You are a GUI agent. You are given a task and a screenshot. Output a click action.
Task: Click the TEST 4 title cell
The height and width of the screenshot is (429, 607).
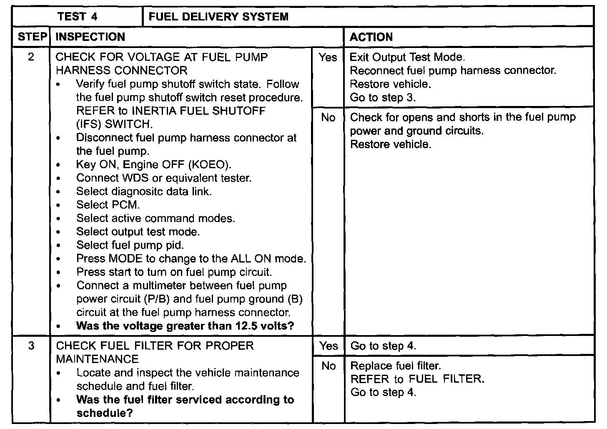[x=78, y=17]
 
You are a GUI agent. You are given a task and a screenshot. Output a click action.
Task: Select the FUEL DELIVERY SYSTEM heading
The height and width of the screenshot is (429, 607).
[x=218, y=17]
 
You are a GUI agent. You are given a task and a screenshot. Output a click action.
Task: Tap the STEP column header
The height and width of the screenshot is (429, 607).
[x=32, y=37]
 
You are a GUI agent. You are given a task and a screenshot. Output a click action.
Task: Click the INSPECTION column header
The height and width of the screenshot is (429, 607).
[x=90, y=37]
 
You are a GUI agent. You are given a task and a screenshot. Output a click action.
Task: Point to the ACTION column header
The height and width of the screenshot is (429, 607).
[x=371, y=37]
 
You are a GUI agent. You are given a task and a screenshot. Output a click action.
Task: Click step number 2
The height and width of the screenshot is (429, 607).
[x=31, y=57]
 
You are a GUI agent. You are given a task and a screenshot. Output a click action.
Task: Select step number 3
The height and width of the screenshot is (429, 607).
[x=31, y=346]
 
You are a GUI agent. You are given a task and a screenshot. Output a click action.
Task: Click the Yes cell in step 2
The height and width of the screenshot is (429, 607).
[x=328, y=57]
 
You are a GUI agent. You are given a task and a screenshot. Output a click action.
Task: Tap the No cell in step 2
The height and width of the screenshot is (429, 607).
[x=328, y=118]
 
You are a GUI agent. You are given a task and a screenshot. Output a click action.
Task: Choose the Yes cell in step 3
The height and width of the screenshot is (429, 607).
[x=329, y=346]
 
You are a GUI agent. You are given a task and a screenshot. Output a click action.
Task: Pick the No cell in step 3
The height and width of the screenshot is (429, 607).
[x=329, y=366]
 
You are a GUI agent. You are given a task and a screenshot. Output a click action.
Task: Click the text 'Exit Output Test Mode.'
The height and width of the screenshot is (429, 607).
[x=407, y=57]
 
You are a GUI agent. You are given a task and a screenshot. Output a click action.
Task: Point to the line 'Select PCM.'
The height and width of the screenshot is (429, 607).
[x=108, y=205]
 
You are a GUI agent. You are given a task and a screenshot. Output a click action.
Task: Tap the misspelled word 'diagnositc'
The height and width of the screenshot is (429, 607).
[x=137, y=192]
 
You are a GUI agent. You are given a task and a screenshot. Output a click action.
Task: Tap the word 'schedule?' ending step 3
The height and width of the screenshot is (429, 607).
[x=105, y=413]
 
